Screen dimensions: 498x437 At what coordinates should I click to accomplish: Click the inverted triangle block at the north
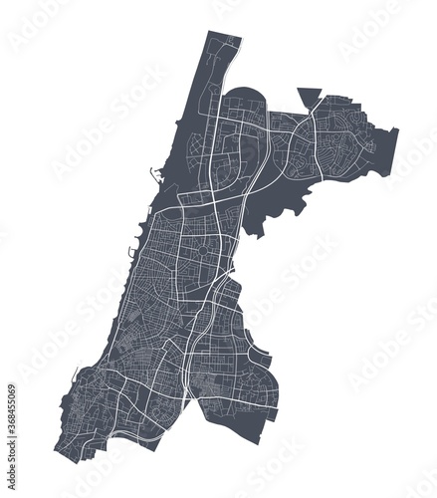(311, 96)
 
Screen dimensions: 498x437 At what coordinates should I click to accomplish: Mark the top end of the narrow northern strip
(226, 35)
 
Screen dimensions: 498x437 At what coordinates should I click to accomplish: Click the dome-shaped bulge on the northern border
(245, 98)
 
